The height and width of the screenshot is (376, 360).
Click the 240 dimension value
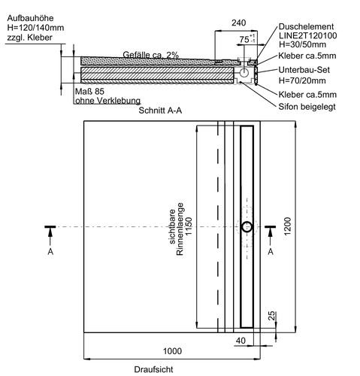click(x=238, y=23)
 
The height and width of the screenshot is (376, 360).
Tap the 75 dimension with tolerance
click(x=247, y=39)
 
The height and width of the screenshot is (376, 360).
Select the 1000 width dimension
click(x=172, y=351)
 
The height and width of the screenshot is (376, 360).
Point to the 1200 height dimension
click(x=287, y=226)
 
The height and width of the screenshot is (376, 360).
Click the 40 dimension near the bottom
click(x=241, y=341)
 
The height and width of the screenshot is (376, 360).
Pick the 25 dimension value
click(x=271, y=316)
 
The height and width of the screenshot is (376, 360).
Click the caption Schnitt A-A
click(x=160, y=111)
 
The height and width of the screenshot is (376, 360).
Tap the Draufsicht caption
click(x=153, y=369)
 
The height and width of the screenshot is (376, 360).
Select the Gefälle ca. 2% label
click(x=151, y=55)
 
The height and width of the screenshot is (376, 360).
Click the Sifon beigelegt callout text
click(x=307, y=107)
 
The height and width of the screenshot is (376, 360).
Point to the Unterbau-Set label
click(x=304, y=70)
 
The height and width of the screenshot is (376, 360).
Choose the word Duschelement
click(x=306, y=26)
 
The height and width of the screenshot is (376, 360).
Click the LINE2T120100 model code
click(x=308, y=35)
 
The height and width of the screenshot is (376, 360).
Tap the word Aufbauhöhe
click(x=30, y=18)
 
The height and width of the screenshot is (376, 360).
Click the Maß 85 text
click(x=89, y=92)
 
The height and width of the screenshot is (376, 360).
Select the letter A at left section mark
click(x=50, y=251)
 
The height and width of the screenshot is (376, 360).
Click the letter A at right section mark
click(x=271, y=251)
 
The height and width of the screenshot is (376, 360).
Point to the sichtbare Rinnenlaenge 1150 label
click(x=180, y=229)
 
